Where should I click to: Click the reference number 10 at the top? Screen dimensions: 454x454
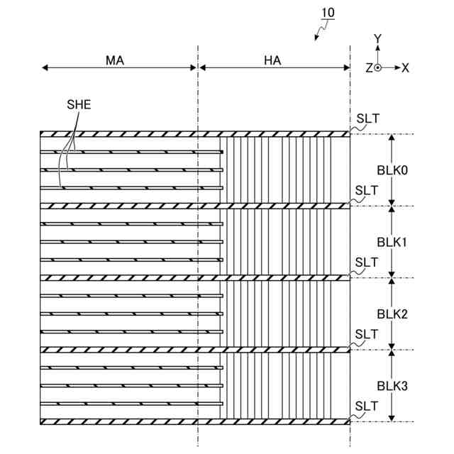pos(328,13)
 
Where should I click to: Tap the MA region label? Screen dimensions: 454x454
pos(115,60)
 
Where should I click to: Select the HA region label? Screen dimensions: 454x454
pos(272,60)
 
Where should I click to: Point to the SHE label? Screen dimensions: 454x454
pos(79,104)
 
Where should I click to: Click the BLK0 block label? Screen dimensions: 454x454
pos(392,170)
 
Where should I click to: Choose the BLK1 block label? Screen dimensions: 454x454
pos(392,242)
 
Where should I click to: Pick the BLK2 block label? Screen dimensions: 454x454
pos(392,314)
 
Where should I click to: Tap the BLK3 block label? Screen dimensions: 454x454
pos(392,386)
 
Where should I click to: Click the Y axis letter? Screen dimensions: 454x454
pos(378,38)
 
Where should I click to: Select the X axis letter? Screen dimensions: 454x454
pos(405,68)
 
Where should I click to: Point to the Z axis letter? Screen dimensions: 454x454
pos(369,68)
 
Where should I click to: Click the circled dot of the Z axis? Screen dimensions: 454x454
pos(378,68)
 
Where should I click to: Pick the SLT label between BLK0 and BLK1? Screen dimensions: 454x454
pos(367,190)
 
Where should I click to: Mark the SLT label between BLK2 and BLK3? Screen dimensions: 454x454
pos(367,333)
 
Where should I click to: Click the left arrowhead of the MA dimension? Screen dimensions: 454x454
pos(44,68)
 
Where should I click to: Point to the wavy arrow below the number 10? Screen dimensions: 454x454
pos(321,30)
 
